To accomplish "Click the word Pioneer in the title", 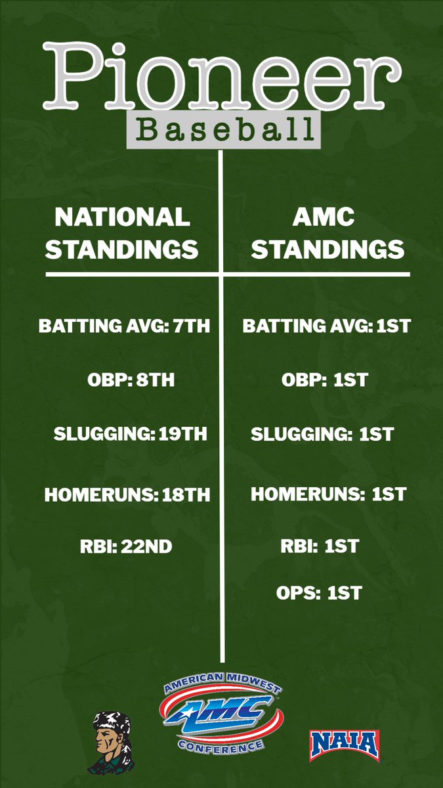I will point(221,77).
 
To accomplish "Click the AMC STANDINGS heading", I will point(327,233).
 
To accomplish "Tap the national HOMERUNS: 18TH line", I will point(127,495).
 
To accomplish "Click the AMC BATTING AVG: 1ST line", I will point(326,326).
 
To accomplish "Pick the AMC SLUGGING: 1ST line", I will point(322,434).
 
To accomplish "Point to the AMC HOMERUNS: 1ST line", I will point(329,495).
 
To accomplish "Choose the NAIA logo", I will point(345,745).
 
